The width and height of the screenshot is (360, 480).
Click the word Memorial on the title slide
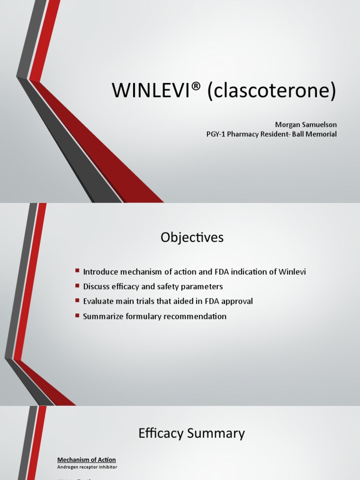tap(320, 134)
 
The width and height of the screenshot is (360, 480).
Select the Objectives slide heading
tap(192, 238)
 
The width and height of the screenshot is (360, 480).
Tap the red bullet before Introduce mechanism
tap(77, 271)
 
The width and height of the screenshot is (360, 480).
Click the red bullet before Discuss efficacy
tap(77, 286)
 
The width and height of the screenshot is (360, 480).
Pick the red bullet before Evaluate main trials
tap(77, 301)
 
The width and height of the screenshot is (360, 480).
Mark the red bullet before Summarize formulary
tap(77, 316)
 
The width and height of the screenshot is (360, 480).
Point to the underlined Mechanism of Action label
tap(87, 460)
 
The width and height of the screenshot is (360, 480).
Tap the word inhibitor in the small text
tap(107, 467)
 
